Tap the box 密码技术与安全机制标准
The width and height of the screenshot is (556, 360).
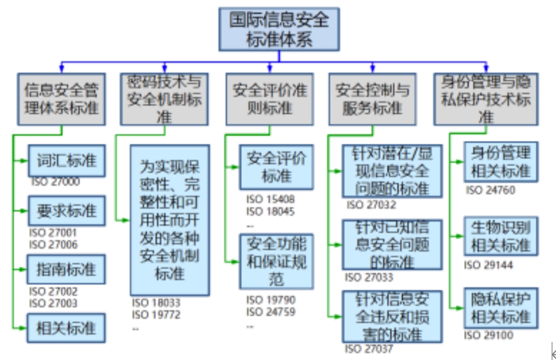163,98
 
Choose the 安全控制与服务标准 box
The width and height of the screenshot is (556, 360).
373,98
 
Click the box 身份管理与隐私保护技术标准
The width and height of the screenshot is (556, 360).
485,98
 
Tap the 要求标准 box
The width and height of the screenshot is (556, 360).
66,211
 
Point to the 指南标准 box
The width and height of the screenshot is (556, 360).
66,269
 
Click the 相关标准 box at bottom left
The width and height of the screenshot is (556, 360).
66,327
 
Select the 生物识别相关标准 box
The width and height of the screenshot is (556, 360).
501,237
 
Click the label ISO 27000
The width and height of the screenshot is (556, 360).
55,182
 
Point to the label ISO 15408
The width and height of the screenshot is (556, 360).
270,199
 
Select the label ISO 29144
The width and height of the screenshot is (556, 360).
488,265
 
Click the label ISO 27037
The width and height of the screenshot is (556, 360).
370,348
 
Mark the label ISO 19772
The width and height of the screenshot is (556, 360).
156,315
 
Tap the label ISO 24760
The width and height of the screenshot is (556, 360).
490,190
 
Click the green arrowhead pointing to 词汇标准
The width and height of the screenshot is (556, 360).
23,161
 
